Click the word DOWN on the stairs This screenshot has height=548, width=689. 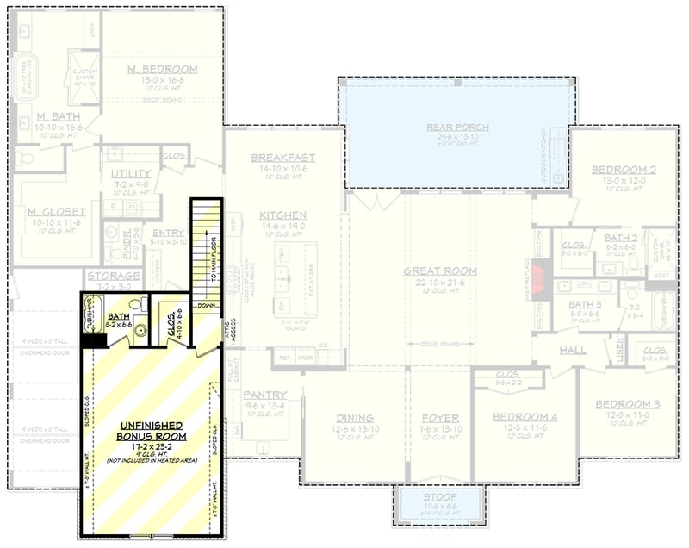[206, 306]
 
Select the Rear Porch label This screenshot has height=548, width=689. [457, 128]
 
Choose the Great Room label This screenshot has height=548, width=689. [440, 271]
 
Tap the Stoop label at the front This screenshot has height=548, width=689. [440, 497]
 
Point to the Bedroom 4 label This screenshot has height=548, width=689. [525, 417]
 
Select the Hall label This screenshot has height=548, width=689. [573, 351]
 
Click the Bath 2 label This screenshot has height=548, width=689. [620, 237]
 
